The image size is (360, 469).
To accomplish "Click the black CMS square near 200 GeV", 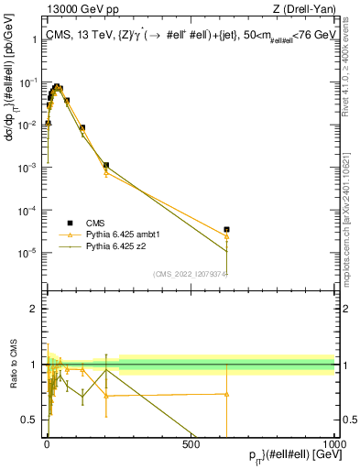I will tap(106, 166).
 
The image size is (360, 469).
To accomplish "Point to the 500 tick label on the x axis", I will tap(191, 444).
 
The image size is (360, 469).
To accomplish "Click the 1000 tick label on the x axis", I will tap(333, 444).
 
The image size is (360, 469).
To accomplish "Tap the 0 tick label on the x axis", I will tap(47, 444).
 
